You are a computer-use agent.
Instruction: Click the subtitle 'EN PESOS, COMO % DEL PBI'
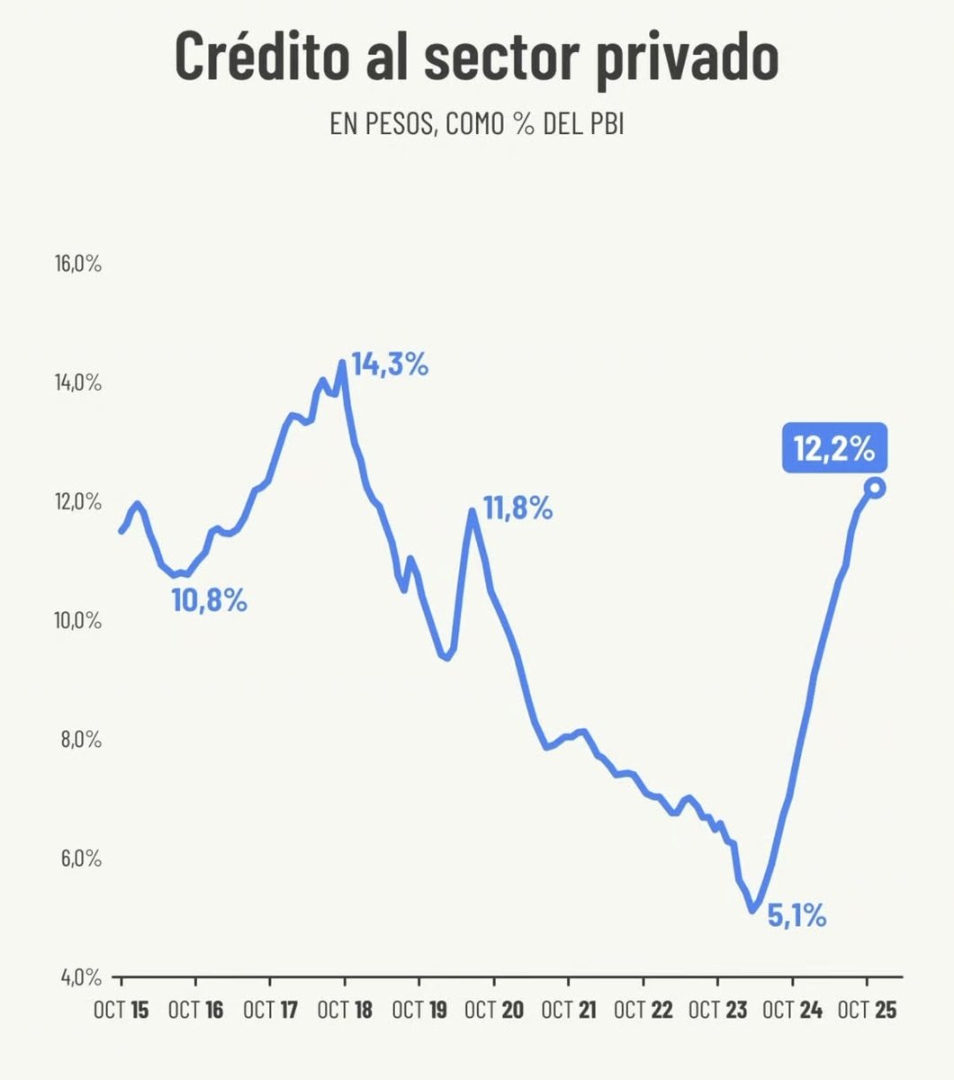[x=476, y=125]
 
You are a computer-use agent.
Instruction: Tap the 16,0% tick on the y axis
[x=78, y=265]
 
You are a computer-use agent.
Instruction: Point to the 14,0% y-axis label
[x=78, y=383]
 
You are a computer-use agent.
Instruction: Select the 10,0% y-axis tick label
[x=78, y=621]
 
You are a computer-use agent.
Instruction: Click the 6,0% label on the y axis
[x=78, y=859]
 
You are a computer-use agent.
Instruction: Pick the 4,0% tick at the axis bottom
[x=78, y=976]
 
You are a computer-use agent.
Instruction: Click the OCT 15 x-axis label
[x=121, y=1010]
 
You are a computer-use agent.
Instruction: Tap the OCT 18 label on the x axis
[x=345, y=1010]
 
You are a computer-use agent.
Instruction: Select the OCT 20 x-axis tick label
[x=494, y=1010]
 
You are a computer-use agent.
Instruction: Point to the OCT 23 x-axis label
[x=717, y=1010]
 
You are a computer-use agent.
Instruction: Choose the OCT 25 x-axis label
[x=867, y=1010]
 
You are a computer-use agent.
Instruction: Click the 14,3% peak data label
[x=390, y=365]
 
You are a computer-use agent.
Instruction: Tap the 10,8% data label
[x=209, y=600]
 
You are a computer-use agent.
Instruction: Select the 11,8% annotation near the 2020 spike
[x=517, y=509]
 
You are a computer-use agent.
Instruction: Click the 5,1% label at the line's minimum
[x=796, y=917]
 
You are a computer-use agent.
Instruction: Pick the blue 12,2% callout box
[x=834, y=448]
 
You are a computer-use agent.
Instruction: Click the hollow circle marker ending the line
[x=875, y=488]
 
